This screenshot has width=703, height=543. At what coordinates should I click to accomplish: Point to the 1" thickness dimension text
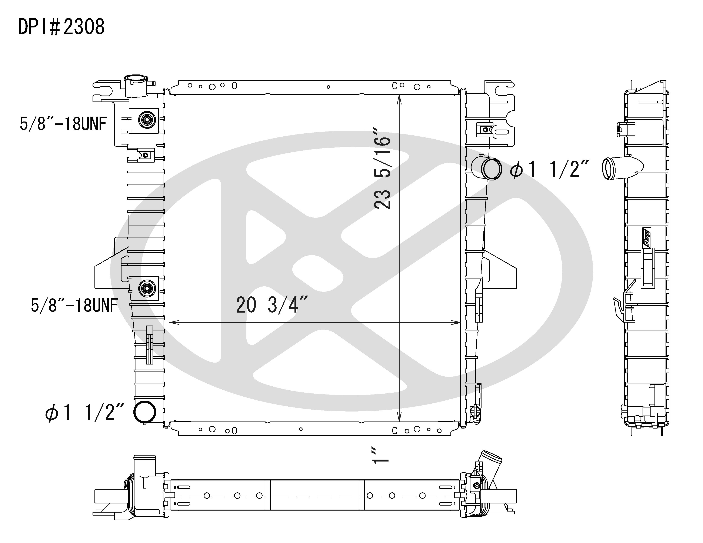point(380,455)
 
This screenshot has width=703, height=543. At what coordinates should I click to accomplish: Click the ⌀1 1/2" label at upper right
point(549,169)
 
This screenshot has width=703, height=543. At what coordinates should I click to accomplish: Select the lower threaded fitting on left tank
point(147,288)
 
